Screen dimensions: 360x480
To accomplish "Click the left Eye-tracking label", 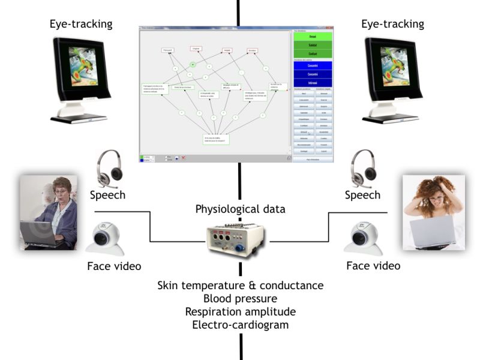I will (82, 24).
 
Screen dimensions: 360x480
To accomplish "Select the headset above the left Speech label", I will (109, 169).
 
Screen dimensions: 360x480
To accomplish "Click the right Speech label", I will (362, 195).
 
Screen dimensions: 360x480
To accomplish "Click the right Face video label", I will (373, 265).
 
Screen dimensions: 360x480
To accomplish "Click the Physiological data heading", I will (239, 209).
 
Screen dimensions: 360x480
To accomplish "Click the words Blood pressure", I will (241, 298).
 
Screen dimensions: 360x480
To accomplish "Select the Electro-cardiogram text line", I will (241, 325).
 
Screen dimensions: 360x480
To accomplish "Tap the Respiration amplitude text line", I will (241, 311).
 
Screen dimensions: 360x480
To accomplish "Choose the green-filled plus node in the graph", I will (193, 64).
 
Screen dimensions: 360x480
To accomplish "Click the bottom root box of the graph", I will (216, 139).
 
